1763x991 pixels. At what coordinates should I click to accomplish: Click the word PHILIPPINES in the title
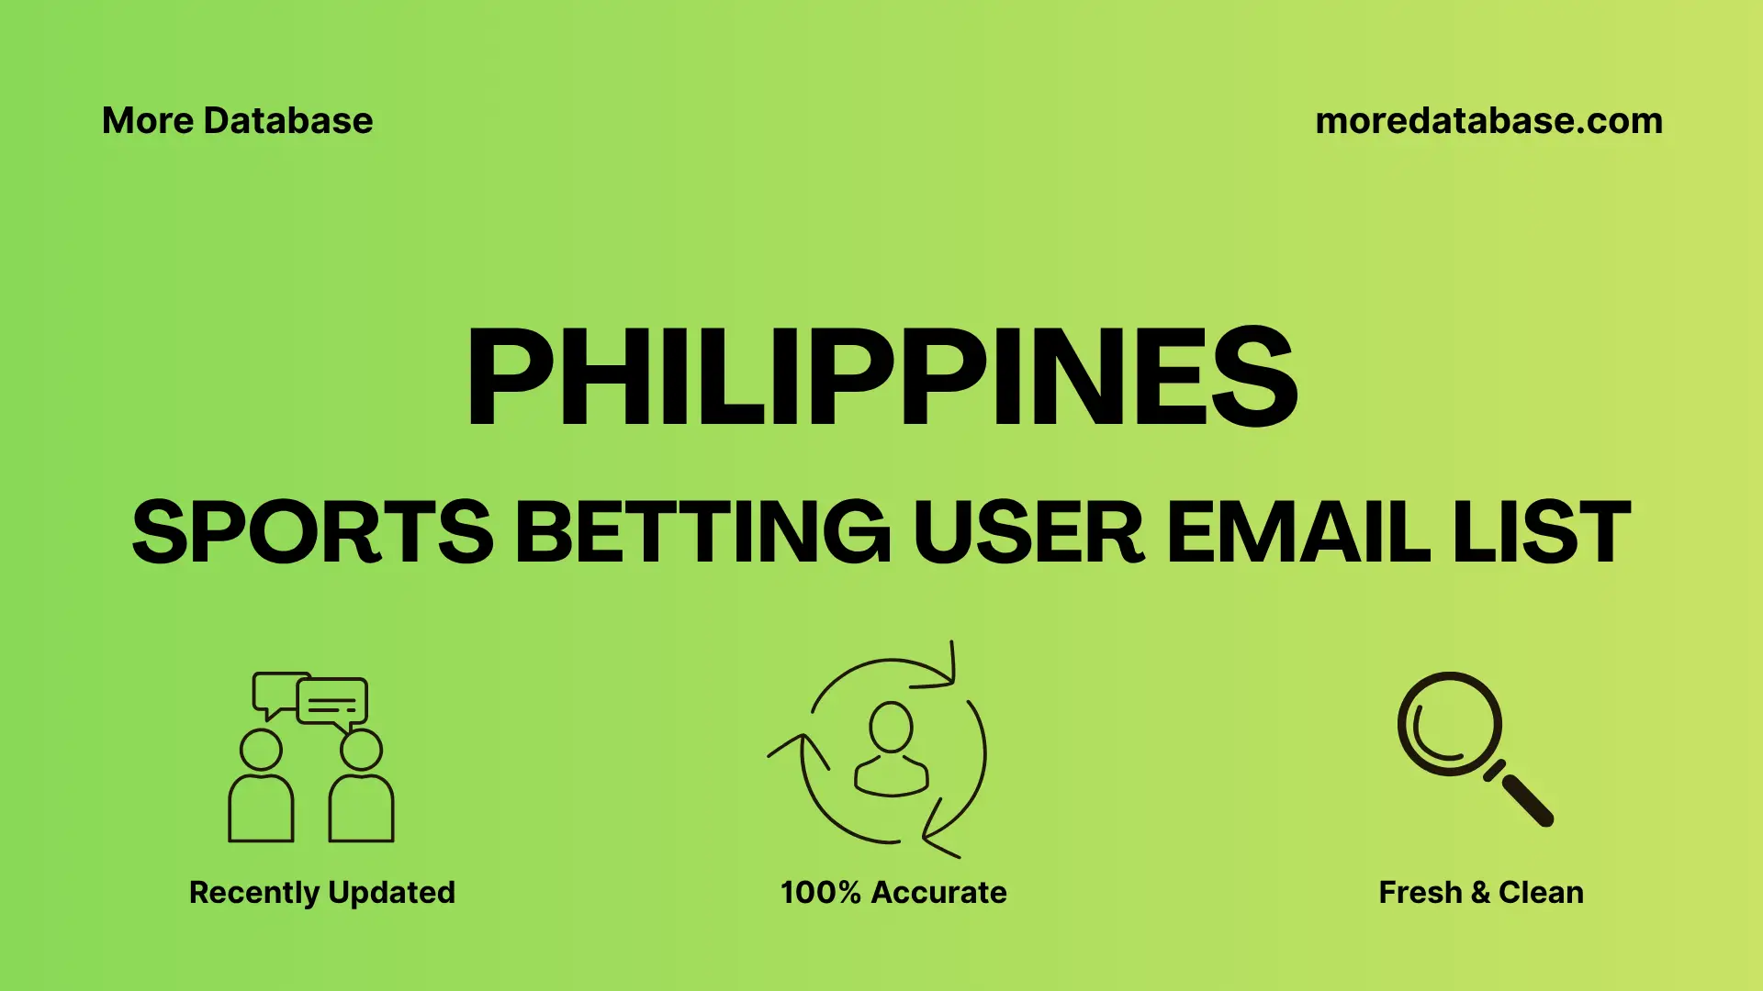881,378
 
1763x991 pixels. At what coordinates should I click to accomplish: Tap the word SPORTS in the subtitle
312,532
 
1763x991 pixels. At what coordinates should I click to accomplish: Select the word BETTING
702,532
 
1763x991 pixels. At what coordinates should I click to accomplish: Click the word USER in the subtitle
1027,532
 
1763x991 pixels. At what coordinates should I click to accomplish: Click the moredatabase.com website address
1488,121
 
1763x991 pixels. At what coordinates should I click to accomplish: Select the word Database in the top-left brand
288,121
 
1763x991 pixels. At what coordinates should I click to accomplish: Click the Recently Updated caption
321,893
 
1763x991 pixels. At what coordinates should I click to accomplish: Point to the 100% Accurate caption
893,893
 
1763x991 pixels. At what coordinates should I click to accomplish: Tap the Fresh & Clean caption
1481,893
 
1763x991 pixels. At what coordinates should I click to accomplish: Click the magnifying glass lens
1449,725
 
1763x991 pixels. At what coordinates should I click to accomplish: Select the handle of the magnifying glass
1526,799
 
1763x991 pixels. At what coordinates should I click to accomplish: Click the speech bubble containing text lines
332,702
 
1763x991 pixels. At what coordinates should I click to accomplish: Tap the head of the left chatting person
261,750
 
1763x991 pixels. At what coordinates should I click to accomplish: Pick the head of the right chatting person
361,750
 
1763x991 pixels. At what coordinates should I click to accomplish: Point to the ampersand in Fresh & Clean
1479,893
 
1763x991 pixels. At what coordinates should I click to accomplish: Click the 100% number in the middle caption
820,893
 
